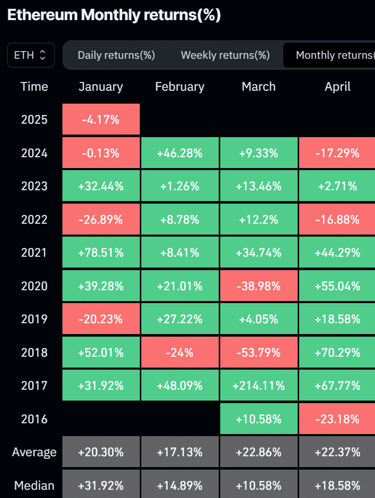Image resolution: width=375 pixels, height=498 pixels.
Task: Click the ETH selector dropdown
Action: tap(30, 55)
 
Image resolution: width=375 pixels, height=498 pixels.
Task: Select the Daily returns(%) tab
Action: tap(116, 55)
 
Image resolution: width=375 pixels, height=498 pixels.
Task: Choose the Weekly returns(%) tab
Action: tap(225, 55)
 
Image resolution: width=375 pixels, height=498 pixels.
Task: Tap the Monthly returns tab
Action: tap(333, 55)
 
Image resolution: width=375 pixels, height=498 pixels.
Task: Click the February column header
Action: tap(180, 87)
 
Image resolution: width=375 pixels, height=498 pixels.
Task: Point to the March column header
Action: tap(258, 87)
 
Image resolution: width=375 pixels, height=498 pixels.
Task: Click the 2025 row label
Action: tap(34, 120)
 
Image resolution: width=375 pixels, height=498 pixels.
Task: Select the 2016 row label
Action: tap(34, 419)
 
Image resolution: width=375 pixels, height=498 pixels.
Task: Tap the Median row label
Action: tap(34, 485)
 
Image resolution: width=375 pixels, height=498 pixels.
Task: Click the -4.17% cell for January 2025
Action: tap(101, 120)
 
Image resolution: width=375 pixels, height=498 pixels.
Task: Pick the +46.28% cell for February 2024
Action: tap(180, 153)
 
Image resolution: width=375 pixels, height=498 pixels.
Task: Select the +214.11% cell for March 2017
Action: tap(258, 386)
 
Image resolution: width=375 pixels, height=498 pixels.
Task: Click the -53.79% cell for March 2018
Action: tap(258, 353)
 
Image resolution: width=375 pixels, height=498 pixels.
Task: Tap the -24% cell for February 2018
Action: tap(180, 353)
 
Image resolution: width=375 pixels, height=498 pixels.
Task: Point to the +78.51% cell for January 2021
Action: tap(101, 253)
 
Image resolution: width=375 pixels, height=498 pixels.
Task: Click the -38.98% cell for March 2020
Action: tap(258, 286)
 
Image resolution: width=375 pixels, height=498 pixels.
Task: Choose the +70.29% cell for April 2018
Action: tap(337, 353)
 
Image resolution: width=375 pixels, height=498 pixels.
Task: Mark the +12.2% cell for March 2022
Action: tap(258, 220)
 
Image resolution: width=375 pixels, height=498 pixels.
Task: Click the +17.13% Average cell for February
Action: tap(180, 452)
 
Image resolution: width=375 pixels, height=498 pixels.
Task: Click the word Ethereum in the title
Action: tap(42, 15)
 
